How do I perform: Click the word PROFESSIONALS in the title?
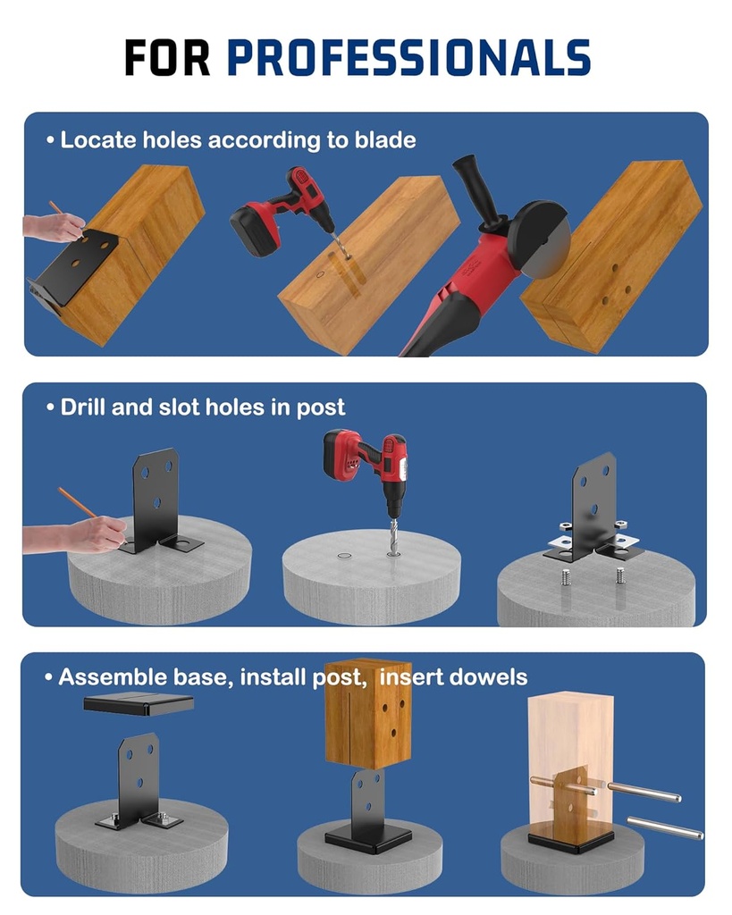[x=408, y=57]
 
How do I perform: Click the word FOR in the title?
[x=167, y=57]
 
